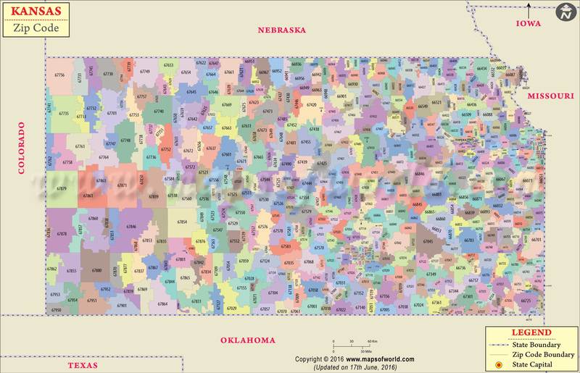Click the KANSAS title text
[36, 12]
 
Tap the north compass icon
[565, 12]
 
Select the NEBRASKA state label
[282, 30]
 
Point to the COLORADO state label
[21, 148]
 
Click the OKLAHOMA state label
[248, 340]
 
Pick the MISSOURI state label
[550, 96]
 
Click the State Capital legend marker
[498, 364]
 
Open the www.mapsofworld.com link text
[380, 359]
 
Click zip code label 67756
[60, 75]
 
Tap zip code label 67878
[62, 234]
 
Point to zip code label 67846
[130, 227]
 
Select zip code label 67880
[96, 270]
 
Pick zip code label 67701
[112, 114]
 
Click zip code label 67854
[182, 222]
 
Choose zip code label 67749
[145, 72]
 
